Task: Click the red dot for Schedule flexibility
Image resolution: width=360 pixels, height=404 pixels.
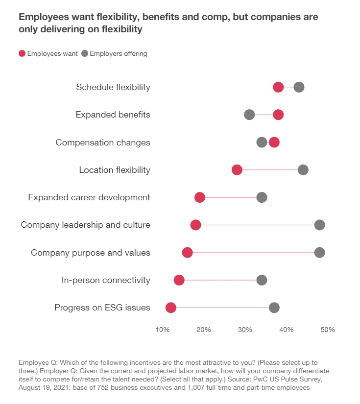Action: (x=278, y=87)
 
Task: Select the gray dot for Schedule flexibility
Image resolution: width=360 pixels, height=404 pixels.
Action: (x=299, y=87)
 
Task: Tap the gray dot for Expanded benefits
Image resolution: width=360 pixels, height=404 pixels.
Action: (x=249, y=115)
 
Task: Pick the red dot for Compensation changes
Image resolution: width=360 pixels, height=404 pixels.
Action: (x=274, y=142)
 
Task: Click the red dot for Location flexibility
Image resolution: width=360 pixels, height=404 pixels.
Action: (x=237, y=170)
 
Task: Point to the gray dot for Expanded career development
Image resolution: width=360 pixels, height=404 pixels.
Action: (x=262, y=197)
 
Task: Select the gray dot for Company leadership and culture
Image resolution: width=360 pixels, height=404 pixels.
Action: (x=320, y=225)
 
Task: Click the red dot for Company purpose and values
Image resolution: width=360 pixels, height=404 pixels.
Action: (x=187, y=252)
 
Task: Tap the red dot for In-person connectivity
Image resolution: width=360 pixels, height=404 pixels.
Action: (x=179, y=280)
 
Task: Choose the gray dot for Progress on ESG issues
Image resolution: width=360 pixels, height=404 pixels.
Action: (x=274, y=308)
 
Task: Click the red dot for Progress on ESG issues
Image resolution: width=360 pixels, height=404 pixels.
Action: (x=170, y=308)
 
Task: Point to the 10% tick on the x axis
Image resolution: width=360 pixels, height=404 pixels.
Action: (x=162, y=329)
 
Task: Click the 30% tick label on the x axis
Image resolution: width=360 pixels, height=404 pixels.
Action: (x=245, y=329)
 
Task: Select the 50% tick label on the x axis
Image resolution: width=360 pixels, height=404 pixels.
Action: (x=327, y=329)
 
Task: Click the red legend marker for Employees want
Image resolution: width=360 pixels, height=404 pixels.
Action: (x=22, y=53)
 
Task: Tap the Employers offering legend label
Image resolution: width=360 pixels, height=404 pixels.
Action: (x=119, y=53)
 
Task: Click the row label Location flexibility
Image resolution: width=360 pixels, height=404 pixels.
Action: (x=115, y=170)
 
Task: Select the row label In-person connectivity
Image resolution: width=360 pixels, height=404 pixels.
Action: (x=106, y=280)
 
